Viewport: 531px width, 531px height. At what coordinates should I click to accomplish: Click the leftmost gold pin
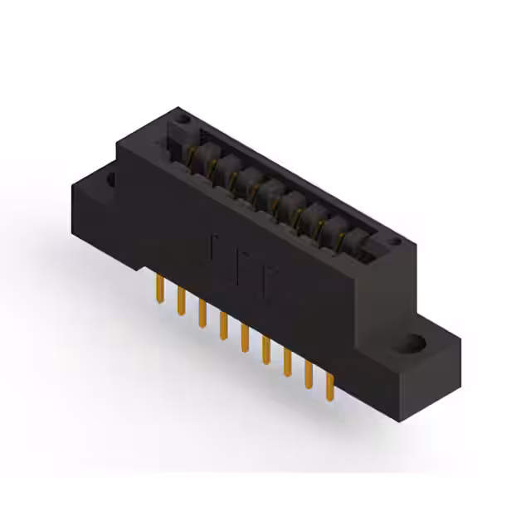(x=157, y=287)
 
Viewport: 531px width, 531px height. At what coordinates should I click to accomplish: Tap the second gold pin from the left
(x=179, y=300)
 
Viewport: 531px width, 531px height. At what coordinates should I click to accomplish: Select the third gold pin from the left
(x=201, y=311)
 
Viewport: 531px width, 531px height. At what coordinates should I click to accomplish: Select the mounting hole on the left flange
(x=110, y=176)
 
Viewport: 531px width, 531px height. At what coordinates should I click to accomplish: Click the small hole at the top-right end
(x=397, y=242)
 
